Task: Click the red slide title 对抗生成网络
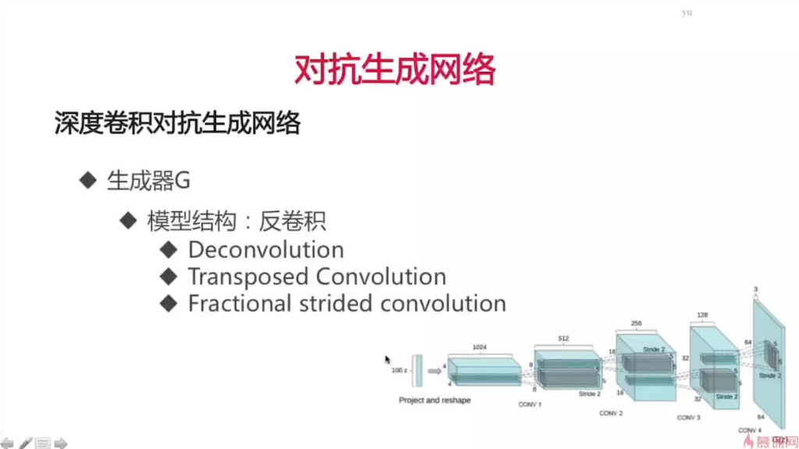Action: click(x=395, y=71)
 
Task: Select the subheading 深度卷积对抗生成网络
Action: click(x=177, y=123)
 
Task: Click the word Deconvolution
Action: click(x=265, y=250)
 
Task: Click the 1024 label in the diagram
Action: click(x=480, y=347)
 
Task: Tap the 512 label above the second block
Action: click(x=563, y=338)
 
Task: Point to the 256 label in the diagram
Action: click(x=636, y=322)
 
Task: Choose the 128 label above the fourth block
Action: click(x=701, y=316)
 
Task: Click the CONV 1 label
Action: click(x=530, y=405)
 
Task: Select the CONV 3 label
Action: click(x=688, y=418)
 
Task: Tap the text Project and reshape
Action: click(x=435, y=401)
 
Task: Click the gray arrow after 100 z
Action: click(x=435, y=371)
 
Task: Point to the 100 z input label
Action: click(x=399, y=371)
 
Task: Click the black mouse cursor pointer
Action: click(x=387, y=360)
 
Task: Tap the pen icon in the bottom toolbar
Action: click(x=25, y=443)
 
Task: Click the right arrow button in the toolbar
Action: click(x=61, y=443)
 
